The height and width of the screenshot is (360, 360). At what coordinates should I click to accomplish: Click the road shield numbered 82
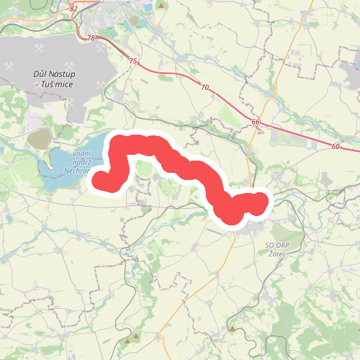73,9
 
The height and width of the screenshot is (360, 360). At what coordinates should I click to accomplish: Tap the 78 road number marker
90,37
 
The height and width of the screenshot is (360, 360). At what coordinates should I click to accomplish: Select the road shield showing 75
133,62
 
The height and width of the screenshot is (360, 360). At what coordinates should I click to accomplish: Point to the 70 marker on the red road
205,87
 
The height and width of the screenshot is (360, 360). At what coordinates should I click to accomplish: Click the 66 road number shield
256,122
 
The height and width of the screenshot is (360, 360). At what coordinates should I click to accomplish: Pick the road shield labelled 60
336,146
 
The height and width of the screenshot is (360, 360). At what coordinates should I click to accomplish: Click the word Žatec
276,255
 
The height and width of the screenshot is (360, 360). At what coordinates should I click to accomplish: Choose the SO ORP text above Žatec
271,245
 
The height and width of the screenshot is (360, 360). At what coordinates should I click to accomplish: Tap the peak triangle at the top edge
164,5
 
